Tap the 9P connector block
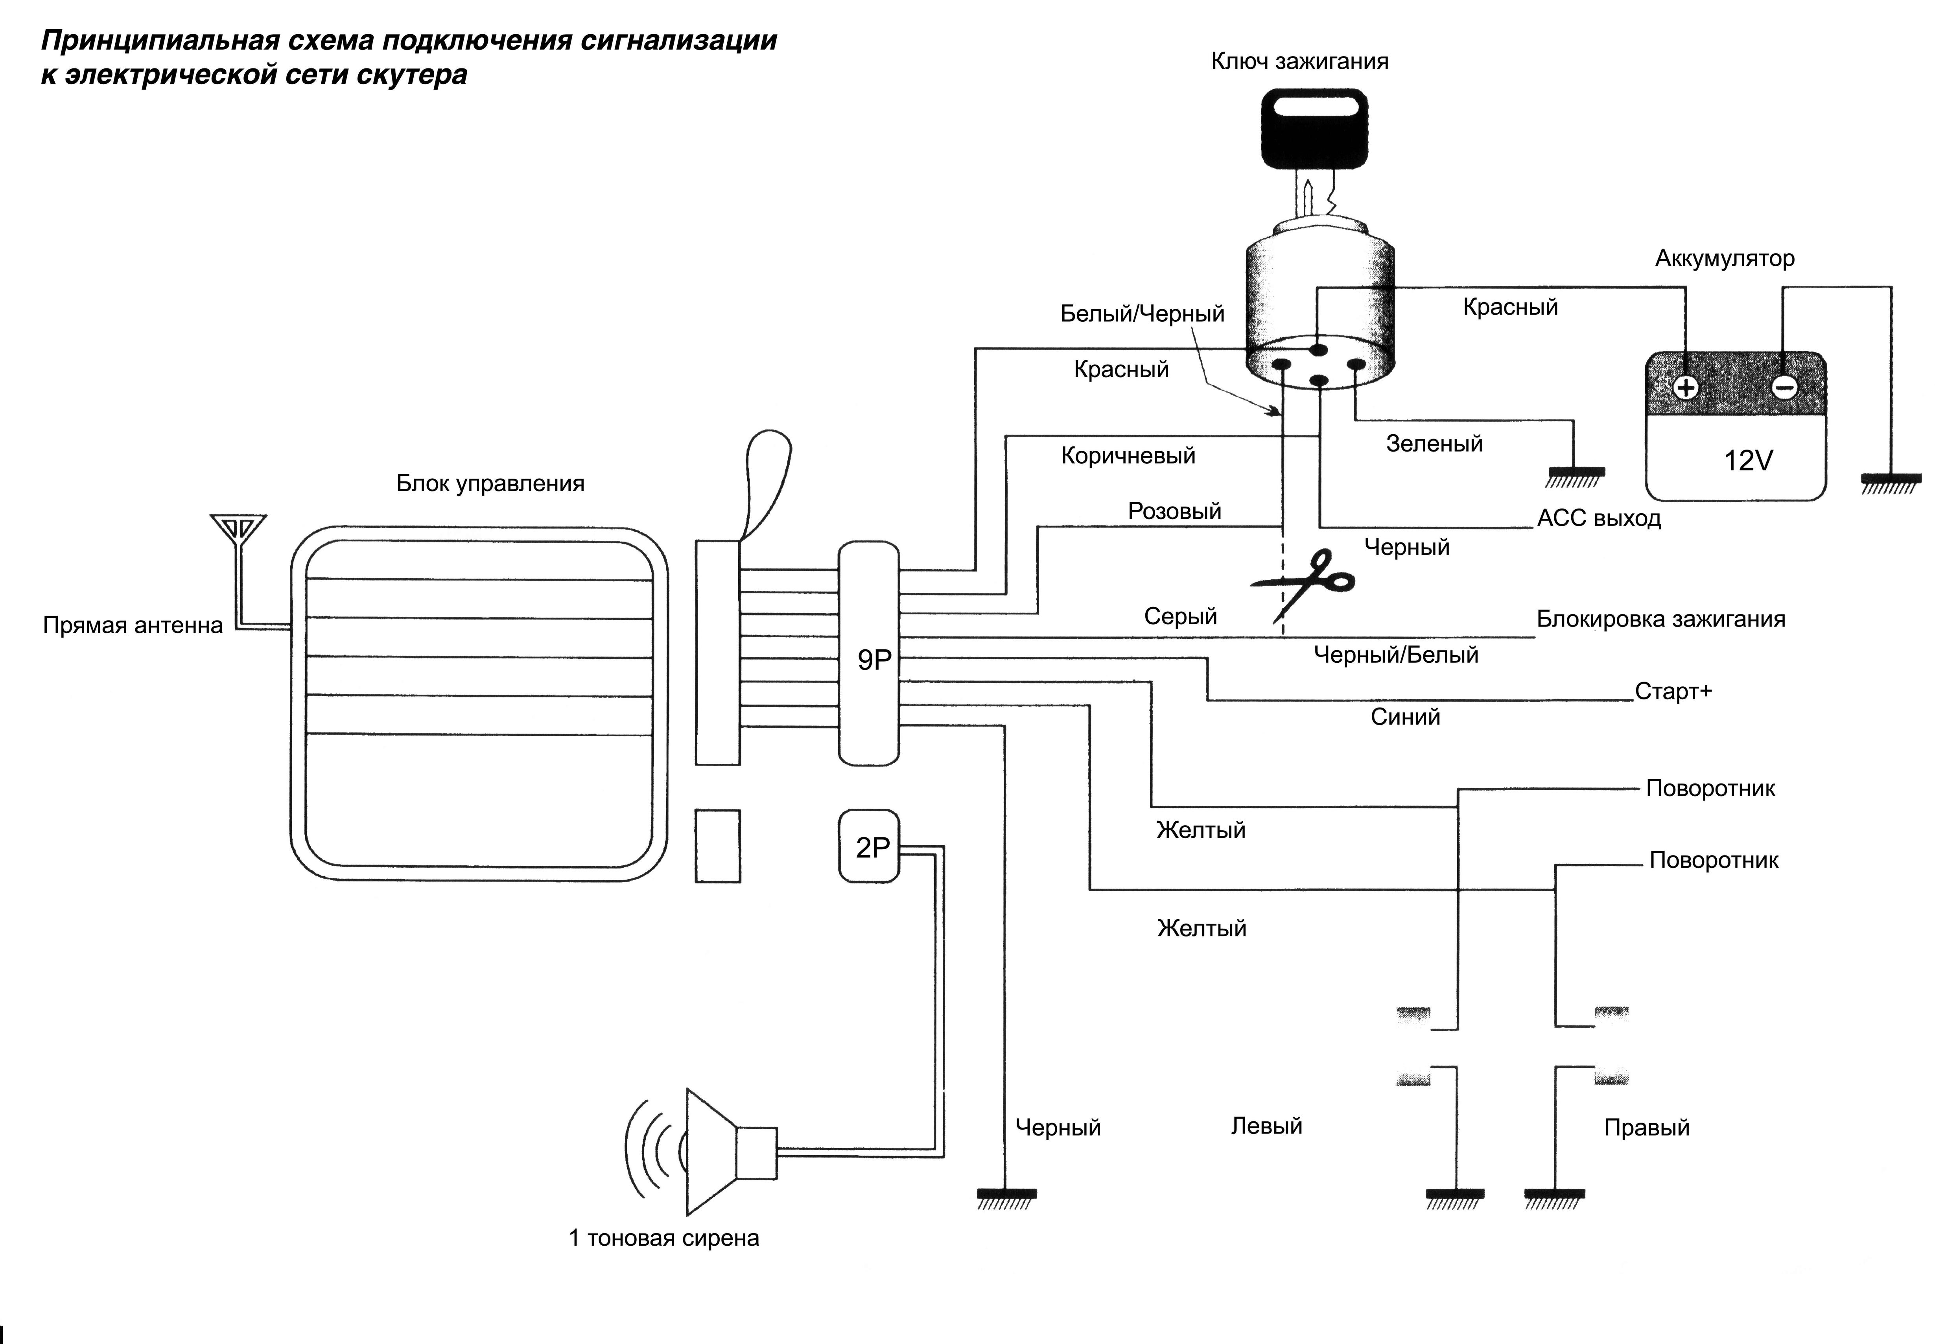click(869, 653)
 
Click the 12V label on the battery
click(1748, 461)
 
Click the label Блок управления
click(490, 483)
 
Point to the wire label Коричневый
click(1128, 455)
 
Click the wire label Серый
click(1180, 616)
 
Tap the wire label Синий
click(1404, 717)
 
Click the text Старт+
click(1673, 691)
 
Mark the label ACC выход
click(1598, 518)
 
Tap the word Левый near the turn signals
click(1266, 1126)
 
